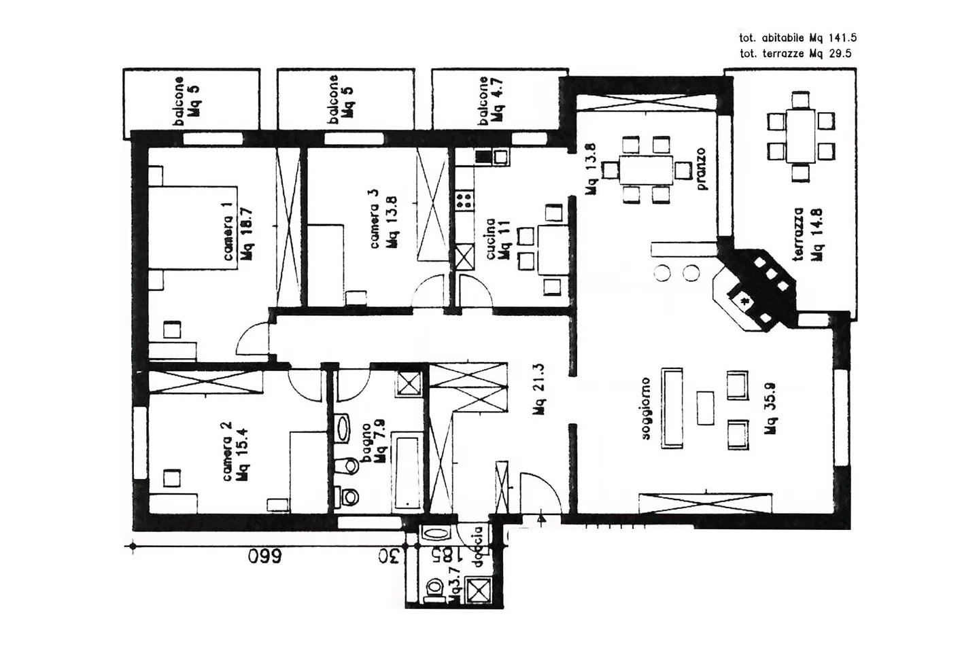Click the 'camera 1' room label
click(x=228, y=231)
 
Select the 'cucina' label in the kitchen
click(x=490, y=238)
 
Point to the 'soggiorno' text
click(x=646, y=408)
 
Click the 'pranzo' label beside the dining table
click(x=701, y=169)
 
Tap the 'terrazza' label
click(x=800, y=234)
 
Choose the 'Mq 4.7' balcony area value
click(x=498, y=99)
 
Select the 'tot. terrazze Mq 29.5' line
click(x=795, y=54)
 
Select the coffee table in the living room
click(x=706, y=408)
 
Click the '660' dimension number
click(x=264, y=558)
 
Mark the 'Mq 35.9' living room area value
click(x=770, y=408)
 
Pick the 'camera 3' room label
click(x=374, y=217)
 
